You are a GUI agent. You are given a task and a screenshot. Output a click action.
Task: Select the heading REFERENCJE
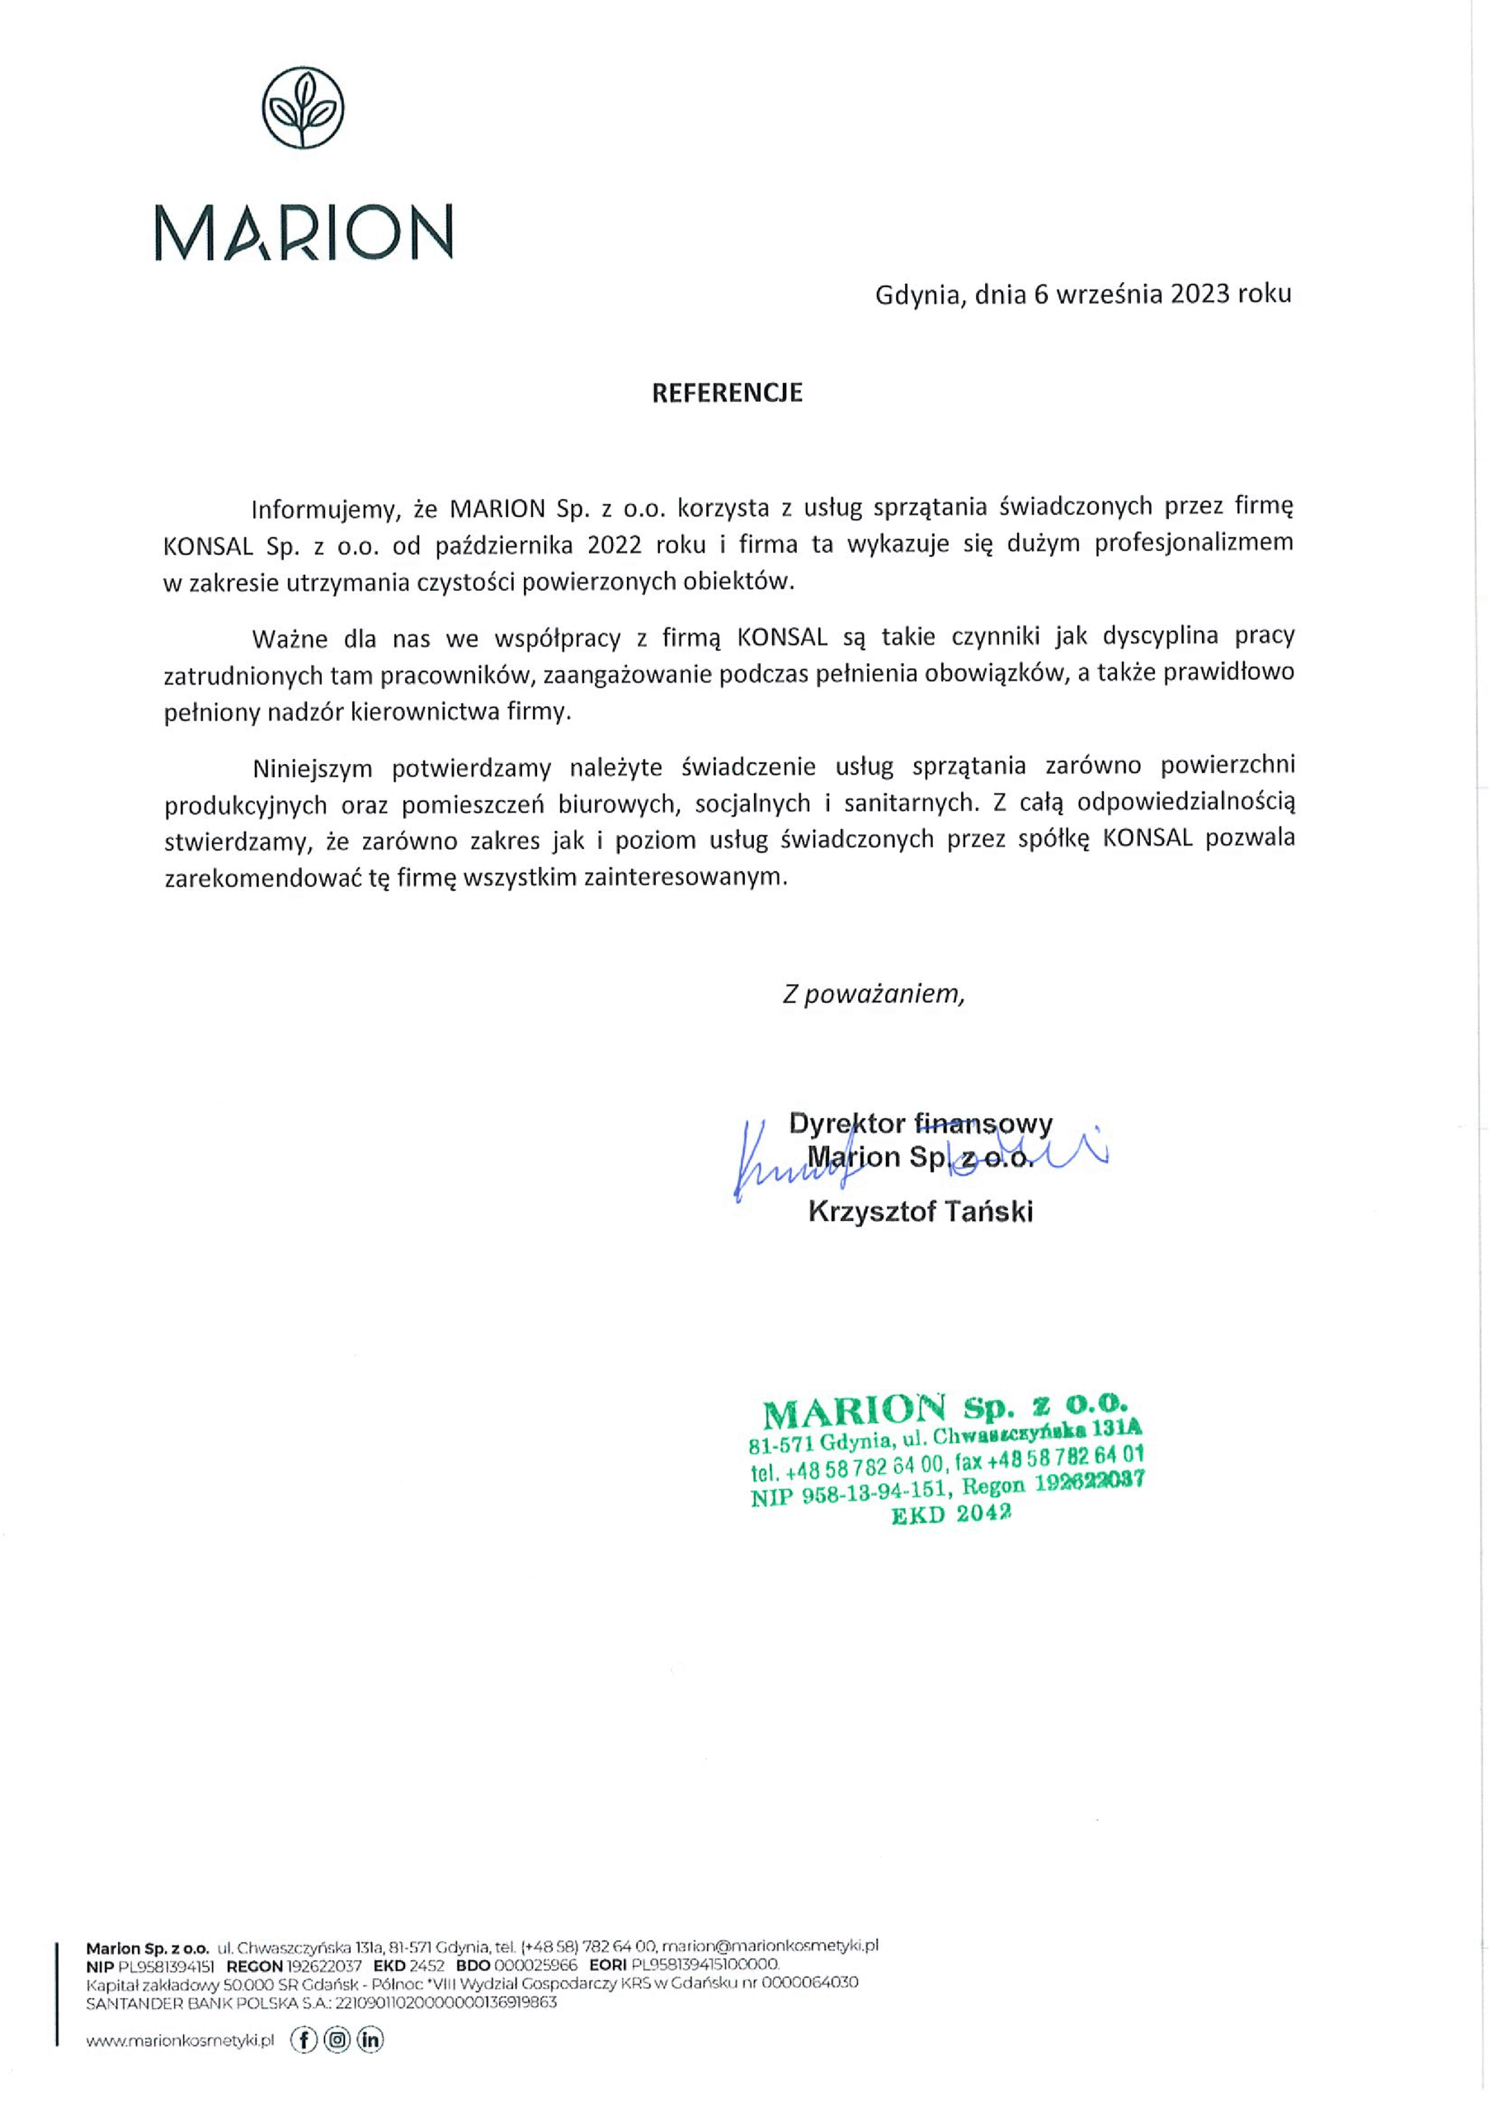727,393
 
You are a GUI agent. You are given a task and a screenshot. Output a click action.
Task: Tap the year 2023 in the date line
1200,294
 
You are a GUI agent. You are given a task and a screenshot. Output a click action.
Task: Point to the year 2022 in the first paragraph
615,544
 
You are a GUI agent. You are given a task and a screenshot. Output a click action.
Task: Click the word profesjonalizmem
1193,543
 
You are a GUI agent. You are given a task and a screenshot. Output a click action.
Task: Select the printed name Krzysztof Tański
920,1211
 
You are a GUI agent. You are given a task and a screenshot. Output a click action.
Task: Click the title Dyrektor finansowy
920,1123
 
